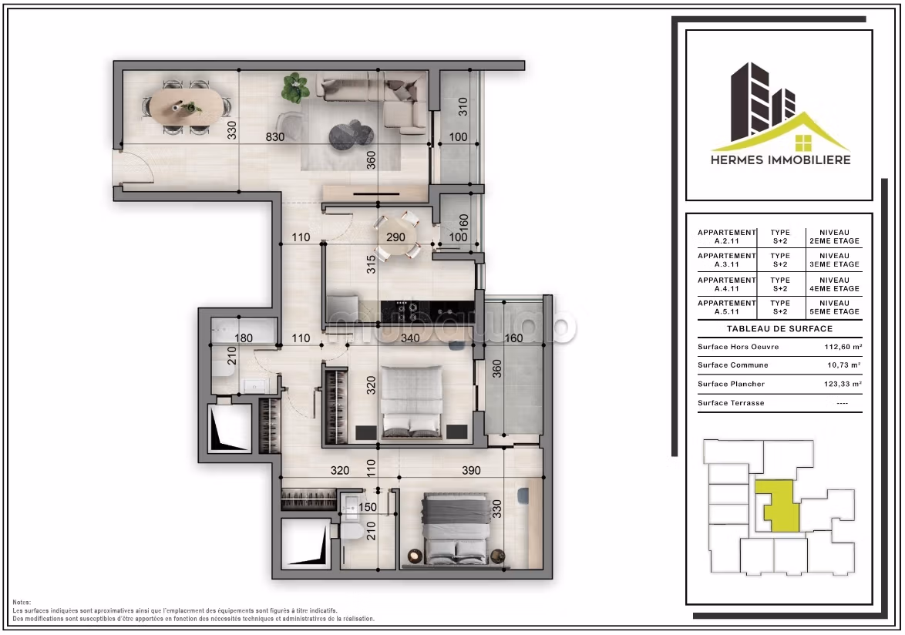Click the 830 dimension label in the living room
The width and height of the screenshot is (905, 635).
274,136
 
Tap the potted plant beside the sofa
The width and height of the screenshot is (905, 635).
295,88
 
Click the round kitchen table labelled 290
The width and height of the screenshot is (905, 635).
396,237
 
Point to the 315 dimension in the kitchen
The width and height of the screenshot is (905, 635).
371,264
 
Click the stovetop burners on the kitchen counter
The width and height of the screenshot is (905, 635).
412,311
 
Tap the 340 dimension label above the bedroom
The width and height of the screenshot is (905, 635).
410,338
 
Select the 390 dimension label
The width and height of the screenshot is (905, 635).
471,470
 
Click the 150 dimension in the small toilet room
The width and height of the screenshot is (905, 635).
368,508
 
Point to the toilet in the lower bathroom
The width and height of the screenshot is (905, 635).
351,530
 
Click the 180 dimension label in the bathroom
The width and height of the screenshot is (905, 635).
244,338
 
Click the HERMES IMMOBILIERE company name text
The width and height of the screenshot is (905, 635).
780,160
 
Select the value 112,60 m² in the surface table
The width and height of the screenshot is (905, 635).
843,347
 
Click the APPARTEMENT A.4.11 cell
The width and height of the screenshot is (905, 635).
727,284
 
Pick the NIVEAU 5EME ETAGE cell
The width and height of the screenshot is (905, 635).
835,307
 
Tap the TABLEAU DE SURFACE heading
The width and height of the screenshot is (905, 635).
780,329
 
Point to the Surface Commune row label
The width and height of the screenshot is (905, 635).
733,365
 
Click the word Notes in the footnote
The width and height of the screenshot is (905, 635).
22,602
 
